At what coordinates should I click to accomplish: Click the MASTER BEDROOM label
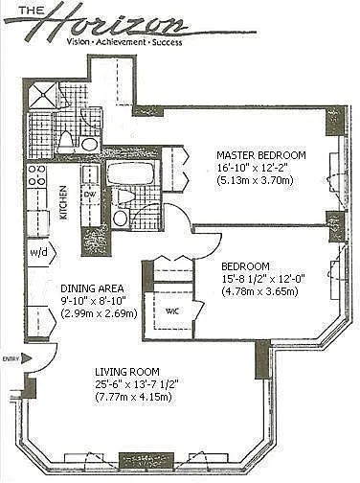[261, 155]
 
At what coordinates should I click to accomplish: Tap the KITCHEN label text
[64, 203]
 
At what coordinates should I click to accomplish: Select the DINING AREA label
[92, 288]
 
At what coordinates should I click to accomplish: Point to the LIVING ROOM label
[127, 372]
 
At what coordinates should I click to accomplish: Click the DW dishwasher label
[88, 194]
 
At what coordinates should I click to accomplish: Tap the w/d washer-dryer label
[38, 252]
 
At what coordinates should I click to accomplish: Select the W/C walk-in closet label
[172, 310]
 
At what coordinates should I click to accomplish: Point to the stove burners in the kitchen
[36, 175]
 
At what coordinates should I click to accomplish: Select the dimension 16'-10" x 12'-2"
[253, 168]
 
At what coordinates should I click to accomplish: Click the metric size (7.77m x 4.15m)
[133, 397]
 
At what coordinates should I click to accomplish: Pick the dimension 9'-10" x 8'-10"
[93, 301]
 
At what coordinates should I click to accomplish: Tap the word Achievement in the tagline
[122, 42]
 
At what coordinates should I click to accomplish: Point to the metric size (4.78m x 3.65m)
[259, 291]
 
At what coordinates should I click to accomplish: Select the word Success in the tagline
[167, 42]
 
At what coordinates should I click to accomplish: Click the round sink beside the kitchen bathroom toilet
[89, 145]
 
